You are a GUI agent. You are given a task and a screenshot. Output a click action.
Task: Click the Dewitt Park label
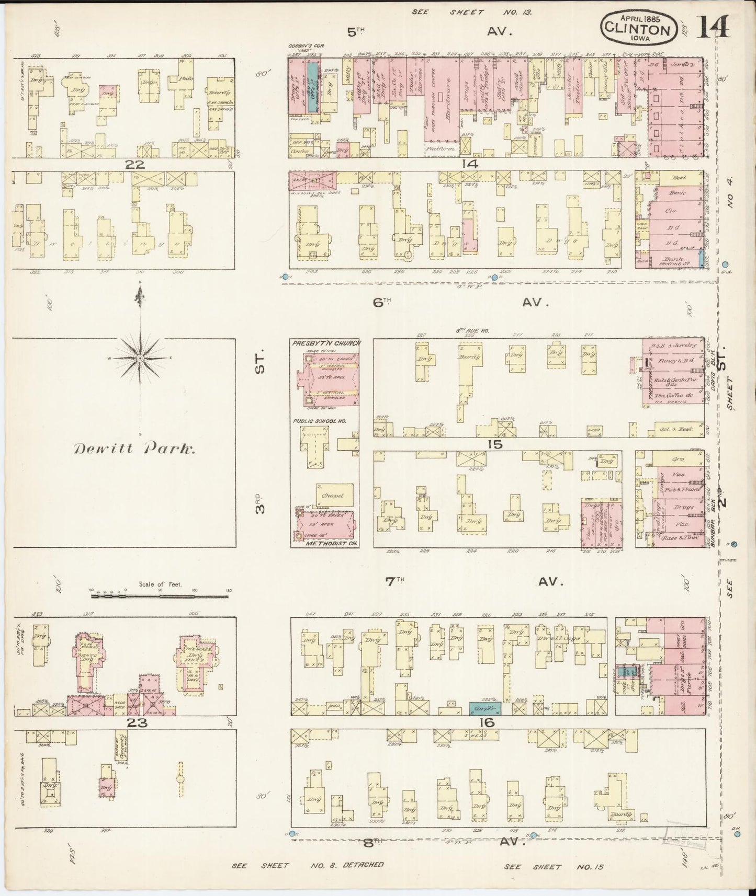point(135,449)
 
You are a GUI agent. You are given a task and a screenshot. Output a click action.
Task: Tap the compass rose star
point(140,358)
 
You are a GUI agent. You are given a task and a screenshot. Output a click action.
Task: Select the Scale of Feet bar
point(160,595)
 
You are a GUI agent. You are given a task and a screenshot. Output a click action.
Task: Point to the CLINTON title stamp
point(637,29)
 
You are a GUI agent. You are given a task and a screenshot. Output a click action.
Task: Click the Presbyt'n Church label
point(325,343)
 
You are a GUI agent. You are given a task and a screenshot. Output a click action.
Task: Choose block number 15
point(494,444)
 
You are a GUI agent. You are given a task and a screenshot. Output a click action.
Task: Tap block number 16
point(486,722)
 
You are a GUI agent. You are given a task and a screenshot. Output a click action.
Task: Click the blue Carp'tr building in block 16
point(484,708)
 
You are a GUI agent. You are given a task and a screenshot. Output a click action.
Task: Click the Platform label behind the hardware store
point(441,149)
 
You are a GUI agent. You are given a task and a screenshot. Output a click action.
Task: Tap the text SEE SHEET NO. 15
point(554,867)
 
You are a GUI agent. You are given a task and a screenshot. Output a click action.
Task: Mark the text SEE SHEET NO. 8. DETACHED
point(308,865)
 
